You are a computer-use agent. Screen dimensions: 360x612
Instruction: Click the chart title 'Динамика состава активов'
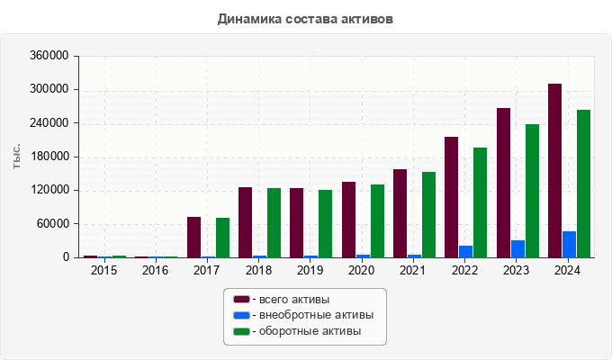coord(305,18)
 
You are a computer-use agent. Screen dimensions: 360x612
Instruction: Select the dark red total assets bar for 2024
coord(555,171)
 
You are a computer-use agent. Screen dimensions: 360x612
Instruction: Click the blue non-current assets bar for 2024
coord(569,245)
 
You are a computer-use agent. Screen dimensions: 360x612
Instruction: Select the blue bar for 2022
coord(465,252)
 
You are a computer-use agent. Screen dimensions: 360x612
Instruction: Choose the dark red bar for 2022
coord(452,197)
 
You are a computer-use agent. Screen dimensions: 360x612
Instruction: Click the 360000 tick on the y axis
coord(49,56)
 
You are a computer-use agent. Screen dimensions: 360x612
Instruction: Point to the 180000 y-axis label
coord(49,157)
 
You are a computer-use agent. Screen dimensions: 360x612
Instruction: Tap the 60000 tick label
coord(52,224)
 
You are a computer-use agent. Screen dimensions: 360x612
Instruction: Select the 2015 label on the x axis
coord(103,270)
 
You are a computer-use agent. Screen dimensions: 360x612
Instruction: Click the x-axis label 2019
coord(310,270)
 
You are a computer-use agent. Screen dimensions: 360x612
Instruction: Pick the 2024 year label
coord(568,270)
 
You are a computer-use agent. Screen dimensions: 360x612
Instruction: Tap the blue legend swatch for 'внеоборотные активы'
coord(241,315)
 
